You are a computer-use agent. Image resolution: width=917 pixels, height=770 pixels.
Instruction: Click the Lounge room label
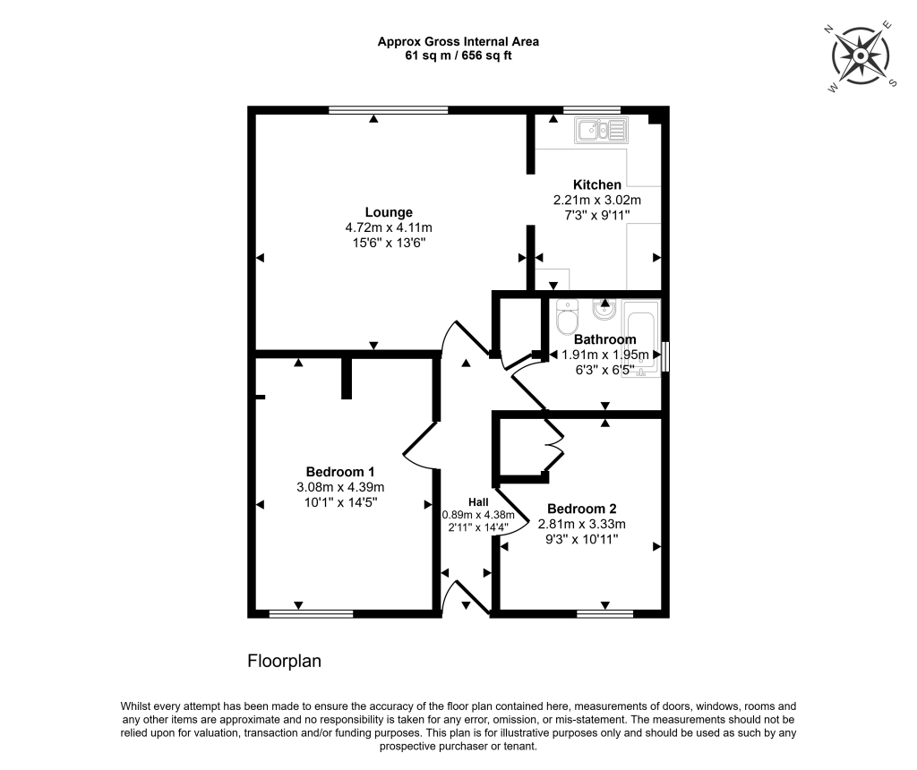pos(389,212)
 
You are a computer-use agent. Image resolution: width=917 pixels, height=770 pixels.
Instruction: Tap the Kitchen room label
pos(597,184)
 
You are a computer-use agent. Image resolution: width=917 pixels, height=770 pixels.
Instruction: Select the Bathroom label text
pos(604,339)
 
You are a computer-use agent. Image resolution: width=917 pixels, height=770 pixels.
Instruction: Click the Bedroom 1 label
pos(340,472)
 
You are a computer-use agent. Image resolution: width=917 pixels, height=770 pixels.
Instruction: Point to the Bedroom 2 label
pos(581,509)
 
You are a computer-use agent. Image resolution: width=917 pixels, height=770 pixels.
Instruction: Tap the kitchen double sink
pos(602,131)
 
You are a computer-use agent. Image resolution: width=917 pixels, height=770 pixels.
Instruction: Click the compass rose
pos(860,55)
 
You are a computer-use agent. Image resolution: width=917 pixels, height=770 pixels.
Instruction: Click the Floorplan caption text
pos(284,662)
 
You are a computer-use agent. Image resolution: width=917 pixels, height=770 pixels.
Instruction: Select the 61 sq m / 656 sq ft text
pos(458,56)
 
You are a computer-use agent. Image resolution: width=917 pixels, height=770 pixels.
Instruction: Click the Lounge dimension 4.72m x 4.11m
pos(389,227)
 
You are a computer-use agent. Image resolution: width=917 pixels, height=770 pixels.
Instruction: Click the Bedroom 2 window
pos(604,614)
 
